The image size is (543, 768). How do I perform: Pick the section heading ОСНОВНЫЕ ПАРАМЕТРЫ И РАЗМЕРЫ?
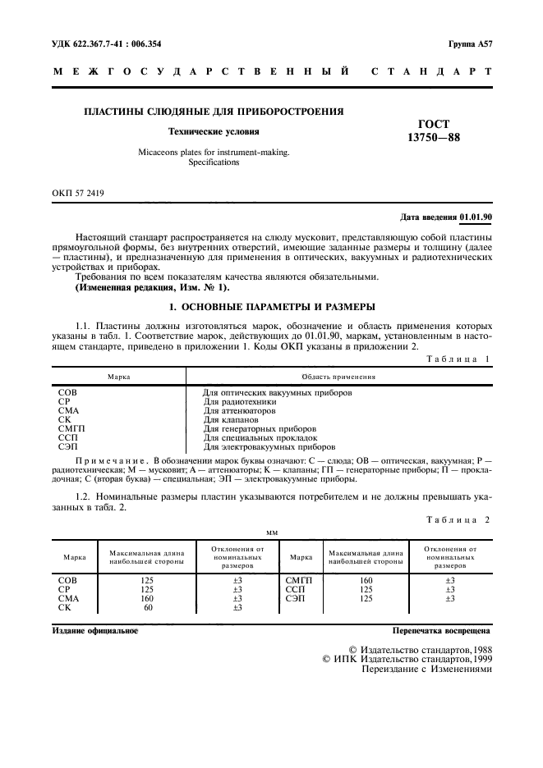pos(272,307)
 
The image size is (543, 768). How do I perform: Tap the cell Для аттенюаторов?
pos(239,410)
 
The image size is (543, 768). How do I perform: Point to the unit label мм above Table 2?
pos(273,533)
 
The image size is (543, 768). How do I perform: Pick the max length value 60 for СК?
pos(148,607)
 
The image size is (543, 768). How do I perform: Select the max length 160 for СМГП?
pos(366,580)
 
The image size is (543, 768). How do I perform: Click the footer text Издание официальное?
pos(95,632)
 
